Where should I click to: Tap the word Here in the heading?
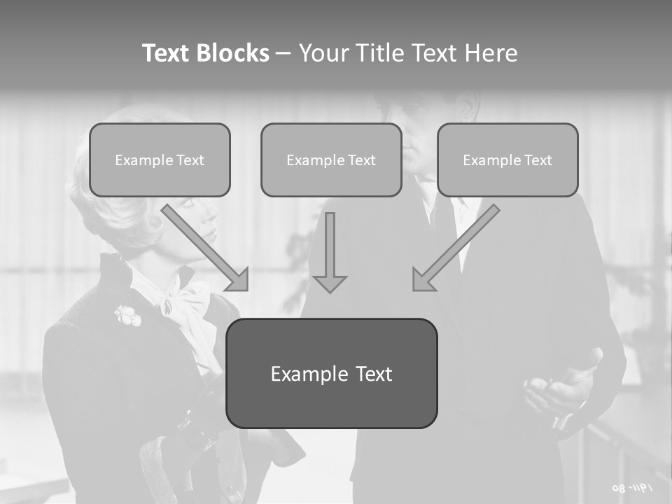tap(491, 53)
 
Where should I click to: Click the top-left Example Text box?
tap(160, 160)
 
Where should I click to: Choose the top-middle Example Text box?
tap(331, 160)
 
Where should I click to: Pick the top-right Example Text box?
tap(507, 160)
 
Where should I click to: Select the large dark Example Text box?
tap(331, 373)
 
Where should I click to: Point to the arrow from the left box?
tap(207, 248)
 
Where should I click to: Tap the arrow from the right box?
tap(454, 248)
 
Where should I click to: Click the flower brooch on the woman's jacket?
tap(128, 316)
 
